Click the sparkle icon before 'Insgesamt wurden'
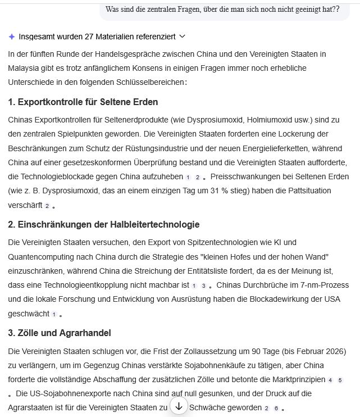[x=12, y=37]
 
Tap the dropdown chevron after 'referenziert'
[x=181, y=37]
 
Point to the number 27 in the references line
[x=89, y=37]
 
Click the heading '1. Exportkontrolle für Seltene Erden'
[x=83, y=102]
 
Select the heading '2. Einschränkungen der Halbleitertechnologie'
[x=104, y=225]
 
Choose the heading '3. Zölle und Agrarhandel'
[x=60, y=333]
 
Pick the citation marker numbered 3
[x=204, y=286]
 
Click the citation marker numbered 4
[x=330, y=380]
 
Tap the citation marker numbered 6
[x=276, y=409]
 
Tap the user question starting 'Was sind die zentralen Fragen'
[x=222, y=9]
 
